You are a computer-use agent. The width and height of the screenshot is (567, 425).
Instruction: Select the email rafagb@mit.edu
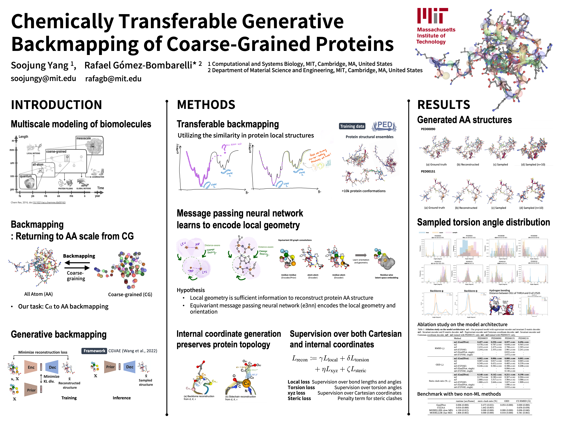click(113, 79)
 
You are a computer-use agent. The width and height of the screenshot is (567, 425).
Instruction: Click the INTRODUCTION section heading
click(56, 105)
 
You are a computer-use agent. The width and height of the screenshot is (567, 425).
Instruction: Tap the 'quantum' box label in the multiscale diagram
click(26, 176)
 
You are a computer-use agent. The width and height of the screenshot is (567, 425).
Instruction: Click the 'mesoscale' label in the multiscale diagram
click(84, 138)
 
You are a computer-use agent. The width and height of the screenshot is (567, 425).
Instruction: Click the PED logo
click(384, 126)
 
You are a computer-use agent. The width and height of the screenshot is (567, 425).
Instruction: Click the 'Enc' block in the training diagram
click(31, 367)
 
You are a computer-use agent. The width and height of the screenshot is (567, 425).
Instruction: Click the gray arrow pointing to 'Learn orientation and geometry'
click(361, 255)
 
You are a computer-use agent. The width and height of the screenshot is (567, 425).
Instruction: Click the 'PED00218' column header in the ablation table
click(523, 338)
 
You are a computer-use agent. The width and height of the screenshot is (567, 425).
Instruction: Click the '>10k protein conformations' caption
click(364, 191)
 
